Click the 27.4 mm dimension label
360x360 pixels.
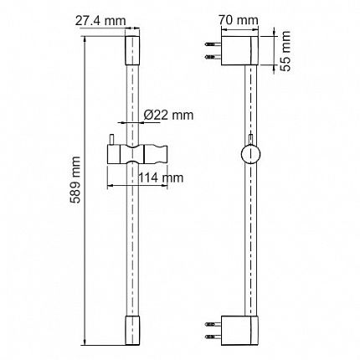(100, 21)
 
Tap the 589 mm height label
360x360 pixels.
(75, 180)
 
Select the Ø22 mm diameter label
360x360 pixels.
(168, 115)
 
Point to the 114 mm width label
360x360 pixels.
(161, 177)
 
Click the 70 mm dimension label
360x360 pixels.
(239, 20)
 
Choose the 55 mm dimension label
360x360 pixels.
(285, 51)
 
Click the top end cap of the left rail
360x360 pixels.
(132, 50)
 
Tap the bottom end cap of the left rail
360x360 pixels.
(132, 331)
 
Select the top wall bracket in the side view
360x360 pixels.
(239, 50)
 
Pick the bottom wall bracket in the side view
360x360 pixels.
(239, 331)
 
